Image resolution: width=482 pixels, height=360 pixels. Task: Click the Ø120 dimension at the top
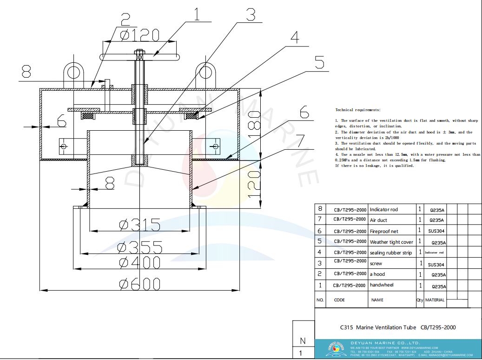tap(139, 35)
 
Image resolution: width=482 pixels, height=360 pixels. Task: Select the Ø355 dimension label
tap(140, 247)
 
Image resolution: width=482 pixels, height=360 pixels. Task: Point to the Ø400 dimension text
tap(140, 262)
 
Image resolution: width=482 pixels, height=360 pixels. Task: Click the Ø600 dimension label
tap(140, 284)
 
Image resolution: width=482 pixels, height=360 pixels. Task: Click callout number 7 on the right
tap(300, 140)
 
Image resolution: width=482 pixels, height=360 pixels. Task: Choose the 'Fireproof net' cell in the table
tap(384, 231)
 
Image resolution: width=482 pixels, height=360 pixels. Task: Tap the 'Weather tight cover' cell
tap(391, 242)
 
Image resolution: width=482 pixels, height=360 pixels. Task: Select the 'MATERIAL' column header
tap(435, 300)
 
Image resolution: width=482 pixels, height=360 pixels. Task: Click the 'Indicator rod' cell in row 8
tap(384, 210)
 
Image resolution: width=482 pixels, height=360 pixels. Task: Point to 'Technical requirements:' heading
tap(357, 110)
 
